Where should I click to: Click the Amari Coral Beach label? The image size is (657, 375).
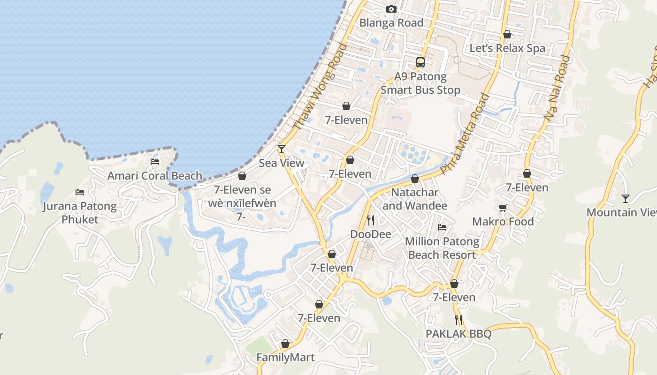point(155,176)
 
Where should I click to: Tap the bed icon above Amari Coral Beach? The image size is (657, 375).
point(155,162)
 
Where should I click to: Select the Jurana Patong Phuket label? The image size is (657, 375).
point(80,212)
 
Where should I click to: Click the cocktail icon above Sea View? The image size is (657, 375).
point(282,149)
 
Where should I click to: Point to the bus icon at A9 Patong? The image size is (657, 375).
point(420,62)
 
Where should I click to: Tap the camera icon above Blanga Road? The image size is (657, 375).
point(391,9)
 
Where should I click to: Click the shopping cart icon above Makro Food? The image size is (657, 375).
point(503,208)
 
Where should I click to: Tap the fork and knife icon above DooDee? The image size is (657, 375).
point(371,220)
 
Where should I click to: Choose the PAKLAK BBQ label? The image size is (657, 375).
point(458,334)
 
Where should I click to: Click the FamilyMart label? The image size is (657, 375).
point(285,357)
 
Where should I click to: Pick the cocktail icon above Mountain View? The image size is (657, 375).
point(626,198)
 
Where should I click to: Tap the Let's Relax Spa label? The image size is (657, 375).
point(507,48)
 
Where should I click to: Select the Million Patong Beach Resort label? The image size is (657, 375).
point(442,248)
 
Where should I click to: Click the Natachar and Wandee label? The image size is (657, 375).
point(415,199)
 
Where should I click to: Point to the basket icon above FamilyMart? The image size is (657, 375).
point(285,344)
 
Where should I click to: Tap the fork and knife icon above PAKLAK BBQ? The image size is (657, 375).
point(458,320)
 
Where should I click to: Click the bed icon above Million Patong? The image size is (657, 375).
point(442,227)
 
